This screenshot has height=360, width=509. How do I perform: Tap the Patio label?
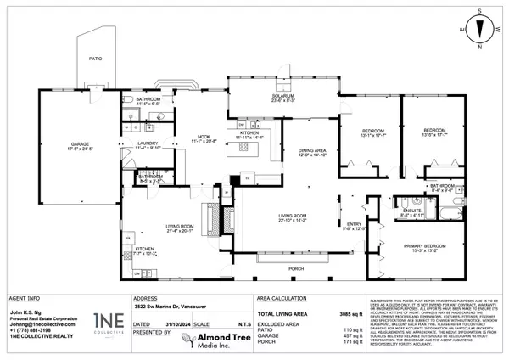(96, 59)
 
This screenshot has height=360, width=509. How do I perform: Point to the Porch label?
(294, 269)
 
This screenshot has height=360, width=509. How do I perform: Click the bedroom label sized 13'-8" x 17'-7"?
(436, 132)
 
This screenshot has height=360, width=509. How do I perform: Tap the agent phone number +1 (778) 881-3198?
(32, 329)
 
